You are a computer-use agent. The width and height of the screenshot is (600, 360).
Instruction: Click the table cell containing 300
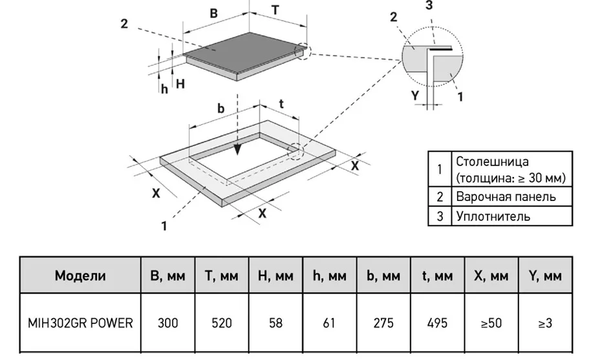click(168, 323)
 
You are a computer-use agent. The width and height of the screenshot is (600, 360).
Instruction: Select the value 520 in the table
click(222, 323)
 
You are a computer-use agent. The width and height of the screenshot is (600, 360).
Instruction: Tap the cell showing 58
click(275, 323)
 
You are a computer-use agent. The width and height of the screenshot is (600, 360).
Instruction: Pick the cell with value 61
click(329, 323)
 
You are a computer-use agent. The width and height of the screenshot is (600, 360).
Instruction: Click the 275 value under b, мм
click(383, 323)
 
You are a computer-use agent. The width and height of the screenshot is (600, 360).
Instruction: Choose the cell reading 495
click(437, 323)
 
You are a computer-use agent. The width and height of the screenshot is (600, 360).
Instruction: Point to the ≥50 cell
click(491, 323)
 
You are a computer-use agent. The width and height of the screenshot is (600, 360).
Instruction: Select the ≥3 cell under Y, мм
click(545, 323)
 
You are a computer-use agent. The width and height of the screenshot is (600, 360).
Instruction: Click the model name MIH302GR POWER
click(80, 323)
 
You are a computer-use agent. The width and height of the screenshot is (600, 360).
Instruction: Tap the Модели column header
click(80, 275)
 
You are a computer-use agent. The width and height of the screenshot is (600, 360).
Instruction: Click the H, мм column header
click(275, 275)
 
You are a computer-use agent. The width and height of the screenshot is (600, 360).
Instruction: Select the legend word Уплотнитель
click(493, 216)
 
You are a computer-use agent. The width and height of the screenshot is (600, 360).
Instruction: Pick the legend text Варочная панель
click(506, 196)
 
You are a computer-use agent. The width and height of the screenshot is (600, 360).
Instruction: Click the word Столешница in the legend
click(493, 161)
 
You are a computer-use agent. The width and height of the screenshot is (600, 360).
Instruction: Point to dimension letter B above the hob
click(213, 13)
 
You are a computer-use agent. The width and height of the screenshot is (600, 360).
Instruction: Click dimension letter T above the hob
click(275, 10)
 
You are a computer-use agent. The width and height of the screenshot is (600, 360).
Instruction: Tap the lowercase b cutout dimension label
click(220, 109)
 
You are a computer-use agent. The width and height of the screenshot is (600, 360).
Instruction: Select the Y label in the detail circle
click(415, 95)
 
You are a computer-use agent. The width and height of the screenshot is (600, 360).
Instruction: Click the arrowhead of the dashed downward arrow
click(238, 149)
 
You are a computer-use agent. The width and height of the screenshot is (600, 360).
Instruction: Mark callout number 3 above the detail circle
click(429, 5)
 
